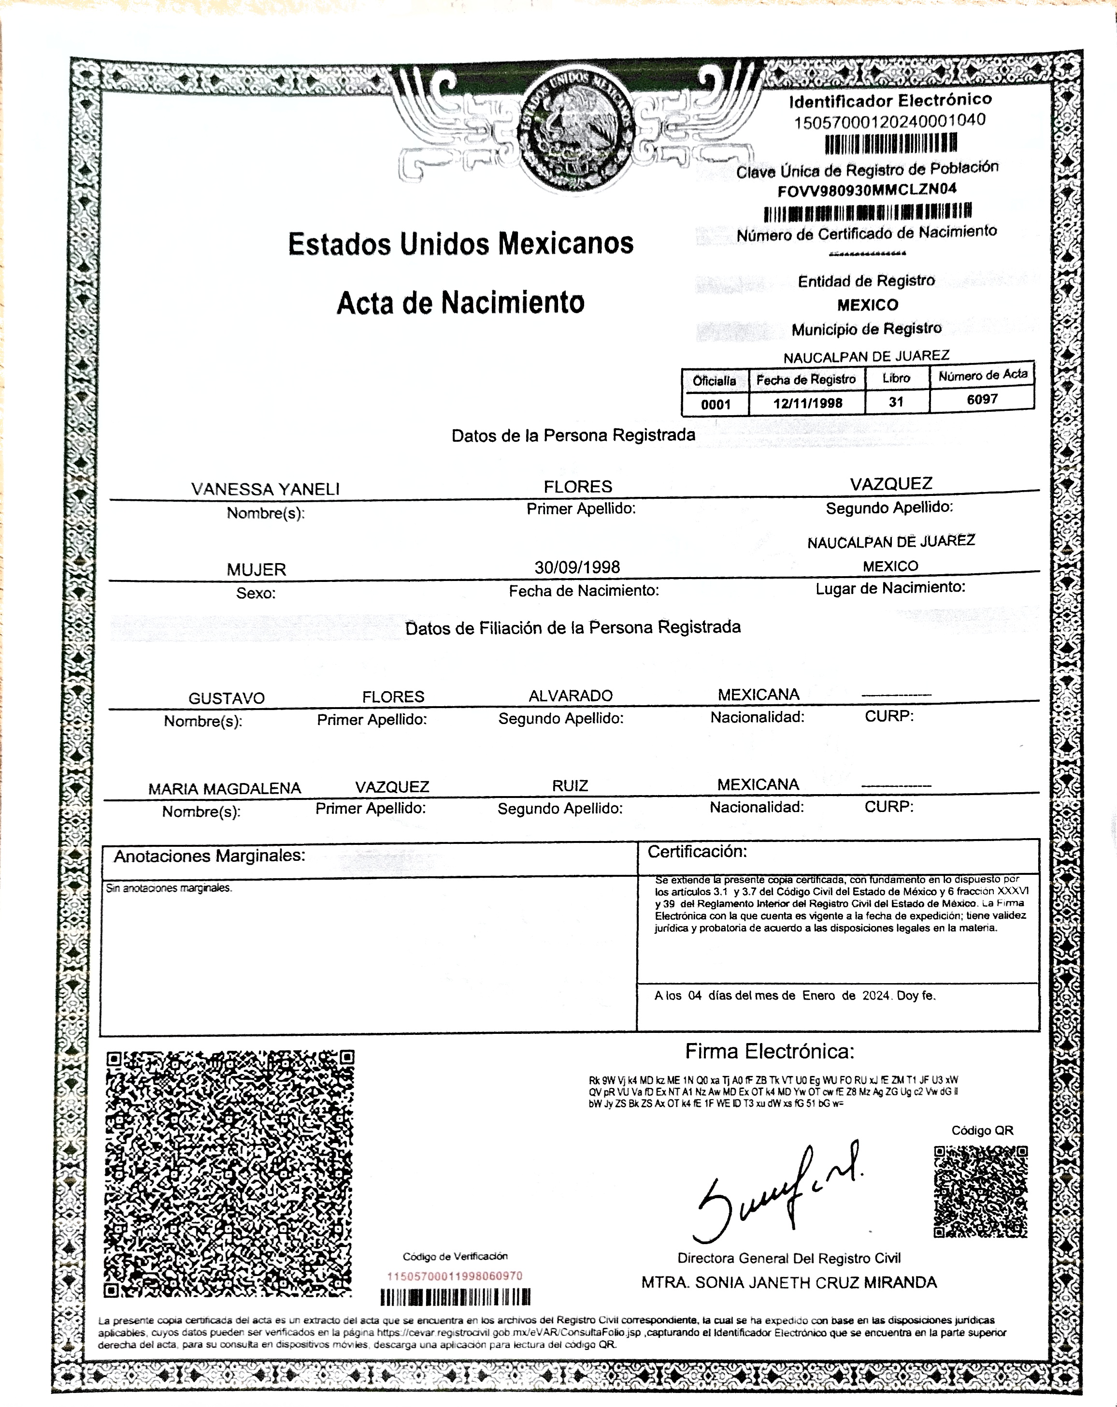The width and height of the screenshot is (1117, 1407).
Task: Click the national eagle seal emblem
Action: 577,131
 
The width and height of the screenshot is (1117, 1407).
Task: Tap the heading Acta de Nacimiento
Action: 460,303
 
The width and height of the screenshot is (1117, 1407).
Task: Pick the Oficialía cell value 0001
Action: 715,404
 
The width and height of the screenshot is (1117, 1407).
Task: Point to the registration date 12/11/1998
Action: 807,403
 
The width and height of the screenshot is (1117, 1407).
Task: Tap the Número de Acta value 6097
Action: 982,399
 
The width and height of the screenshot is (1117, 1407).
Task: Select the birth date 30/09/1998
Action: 577,567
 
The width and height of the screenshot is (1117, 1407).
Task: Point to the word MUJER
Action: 257,570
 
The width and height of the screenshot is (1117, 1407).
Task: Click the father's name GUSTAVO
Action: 227,698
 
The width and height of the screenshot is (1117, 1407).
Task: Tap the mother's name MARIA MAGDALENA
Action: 225,788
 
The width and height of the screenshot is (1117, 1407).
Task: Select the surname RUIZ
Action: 570,786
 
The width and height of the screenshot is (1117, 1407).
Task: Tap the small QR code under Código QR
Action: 981,1191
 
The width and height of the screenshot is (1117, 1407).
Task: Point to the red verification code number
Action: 455,1276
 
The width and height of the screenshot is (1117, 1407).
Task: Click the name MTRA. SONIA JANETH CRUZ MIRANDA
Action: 789,1282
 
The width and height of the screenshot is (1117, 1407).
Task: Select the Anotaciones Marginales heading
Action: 210,856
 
